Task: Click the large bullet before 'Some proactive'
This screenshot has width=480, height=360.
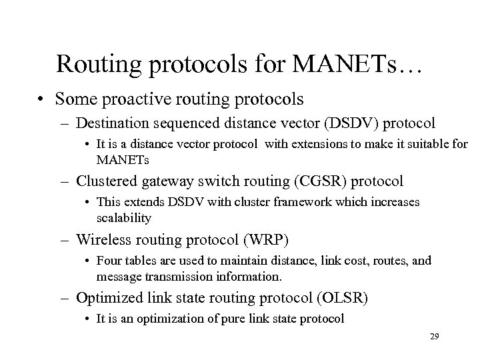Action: coord(43,100)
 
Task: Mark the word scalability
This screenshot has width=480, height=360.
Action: coord(124,218)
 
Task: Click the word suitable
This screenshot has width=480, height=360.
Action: coord(425,145)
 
